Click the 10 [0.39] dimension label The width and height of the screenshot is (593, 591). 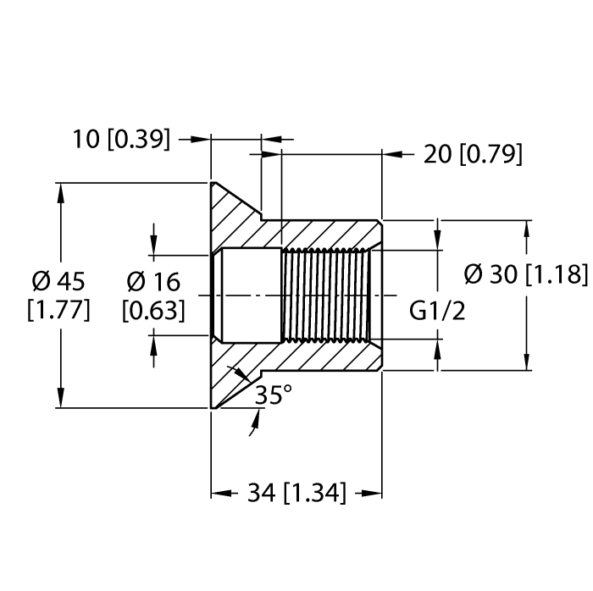click(x=121, y=139)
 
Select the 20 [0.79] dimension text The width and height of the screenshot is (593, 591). click(x=473, y=154)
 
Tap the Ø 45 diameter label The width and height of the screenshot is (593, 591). click(x=58, y=281)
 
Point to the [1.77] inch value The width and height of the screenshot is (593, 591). click(x=58, y=310)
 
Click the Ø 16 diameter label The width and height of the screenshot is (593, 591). click(x=153, y=282)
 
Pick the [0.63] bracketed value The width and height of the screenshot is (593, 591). click(x=153, y=311)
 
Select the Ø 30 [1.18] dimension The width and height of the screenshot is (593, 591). click(x=526, y=274)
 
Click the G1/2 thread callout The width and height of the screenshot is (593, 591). click(x=437, y=311)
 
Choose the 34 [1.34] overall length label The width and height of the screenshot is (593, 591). click(x=296, y=493)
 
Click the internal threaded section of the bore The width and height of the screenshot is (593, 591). click(x=326, y=295)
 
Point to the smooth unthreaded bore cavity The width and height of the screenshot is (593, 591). click(x=251, y=295)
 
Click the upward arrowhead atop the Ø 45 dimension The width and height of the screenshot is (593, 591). click(x=60, y=195)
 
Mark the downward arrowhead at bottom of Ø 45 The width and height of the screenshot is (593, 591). click(x=60, y=397)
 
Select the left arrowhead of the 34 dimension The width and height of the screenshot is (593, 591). click(x=222, y=493)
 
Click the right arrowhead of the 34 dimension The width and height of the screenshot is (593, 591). click(x=371, y=493)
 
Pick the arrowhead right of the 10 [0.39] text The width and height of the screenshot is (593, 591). click(x=200, y=140)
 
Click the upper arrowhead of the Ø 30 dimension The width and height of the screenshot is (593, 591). click(x=527, y=230)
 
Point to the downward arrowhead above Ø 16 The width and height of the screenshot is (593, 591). click(x=153, y=245)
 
